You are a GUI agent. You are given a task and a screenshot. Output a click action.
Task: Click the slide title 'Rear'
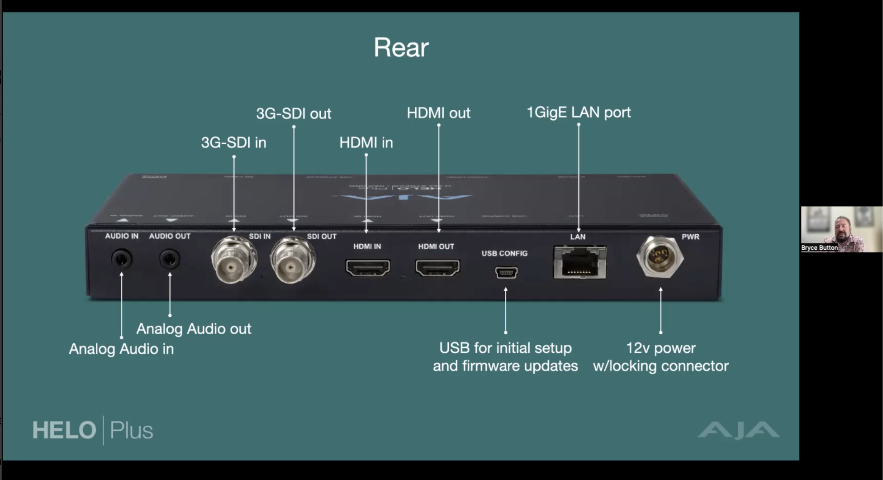click(x=401, y=47)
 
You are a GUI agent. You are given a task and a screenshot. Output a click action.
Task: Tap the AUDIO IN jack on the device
click(x=122, y=259)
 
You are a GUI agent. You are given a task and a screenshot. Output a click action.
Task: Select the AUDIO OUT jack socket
click(x=169, y=259)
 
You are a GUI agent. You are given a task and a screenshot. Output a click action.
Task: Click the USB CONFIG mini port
click(x=506, y=273)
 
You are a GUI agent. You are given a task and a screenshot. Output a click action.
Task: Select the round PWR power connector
click(x=659, y=257)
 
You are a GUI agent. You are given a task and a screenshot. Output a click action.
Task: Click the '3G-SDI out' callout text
click(x=293, y=114)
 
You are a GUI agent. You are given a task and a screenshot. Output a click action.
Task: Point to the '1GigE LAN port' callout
click(x=578, y=112)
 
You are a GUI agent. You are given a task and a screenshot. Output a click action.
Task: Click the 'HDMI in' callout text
click(x=366, y=142)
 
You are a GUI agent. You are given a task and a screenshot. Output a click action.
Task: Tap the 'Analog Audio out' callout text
click(x=194, y=329)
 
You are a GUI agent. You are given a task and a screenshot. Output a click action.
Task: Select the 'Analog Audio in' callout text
click(x=121, y=349)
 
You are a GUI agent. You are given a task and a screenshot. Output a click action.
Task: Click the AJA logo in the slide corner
click(x=738, y=430)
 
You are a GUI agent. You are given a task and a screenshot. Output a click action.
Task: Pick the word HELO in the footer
click(x=64, y=430)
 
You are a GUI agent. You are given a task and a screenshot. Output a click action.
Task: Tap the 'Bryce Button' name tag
click(x=819, y=248)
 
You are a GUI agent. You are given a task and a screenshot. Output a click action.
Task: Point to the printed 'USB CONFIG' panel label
click(x=504, y=254)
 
